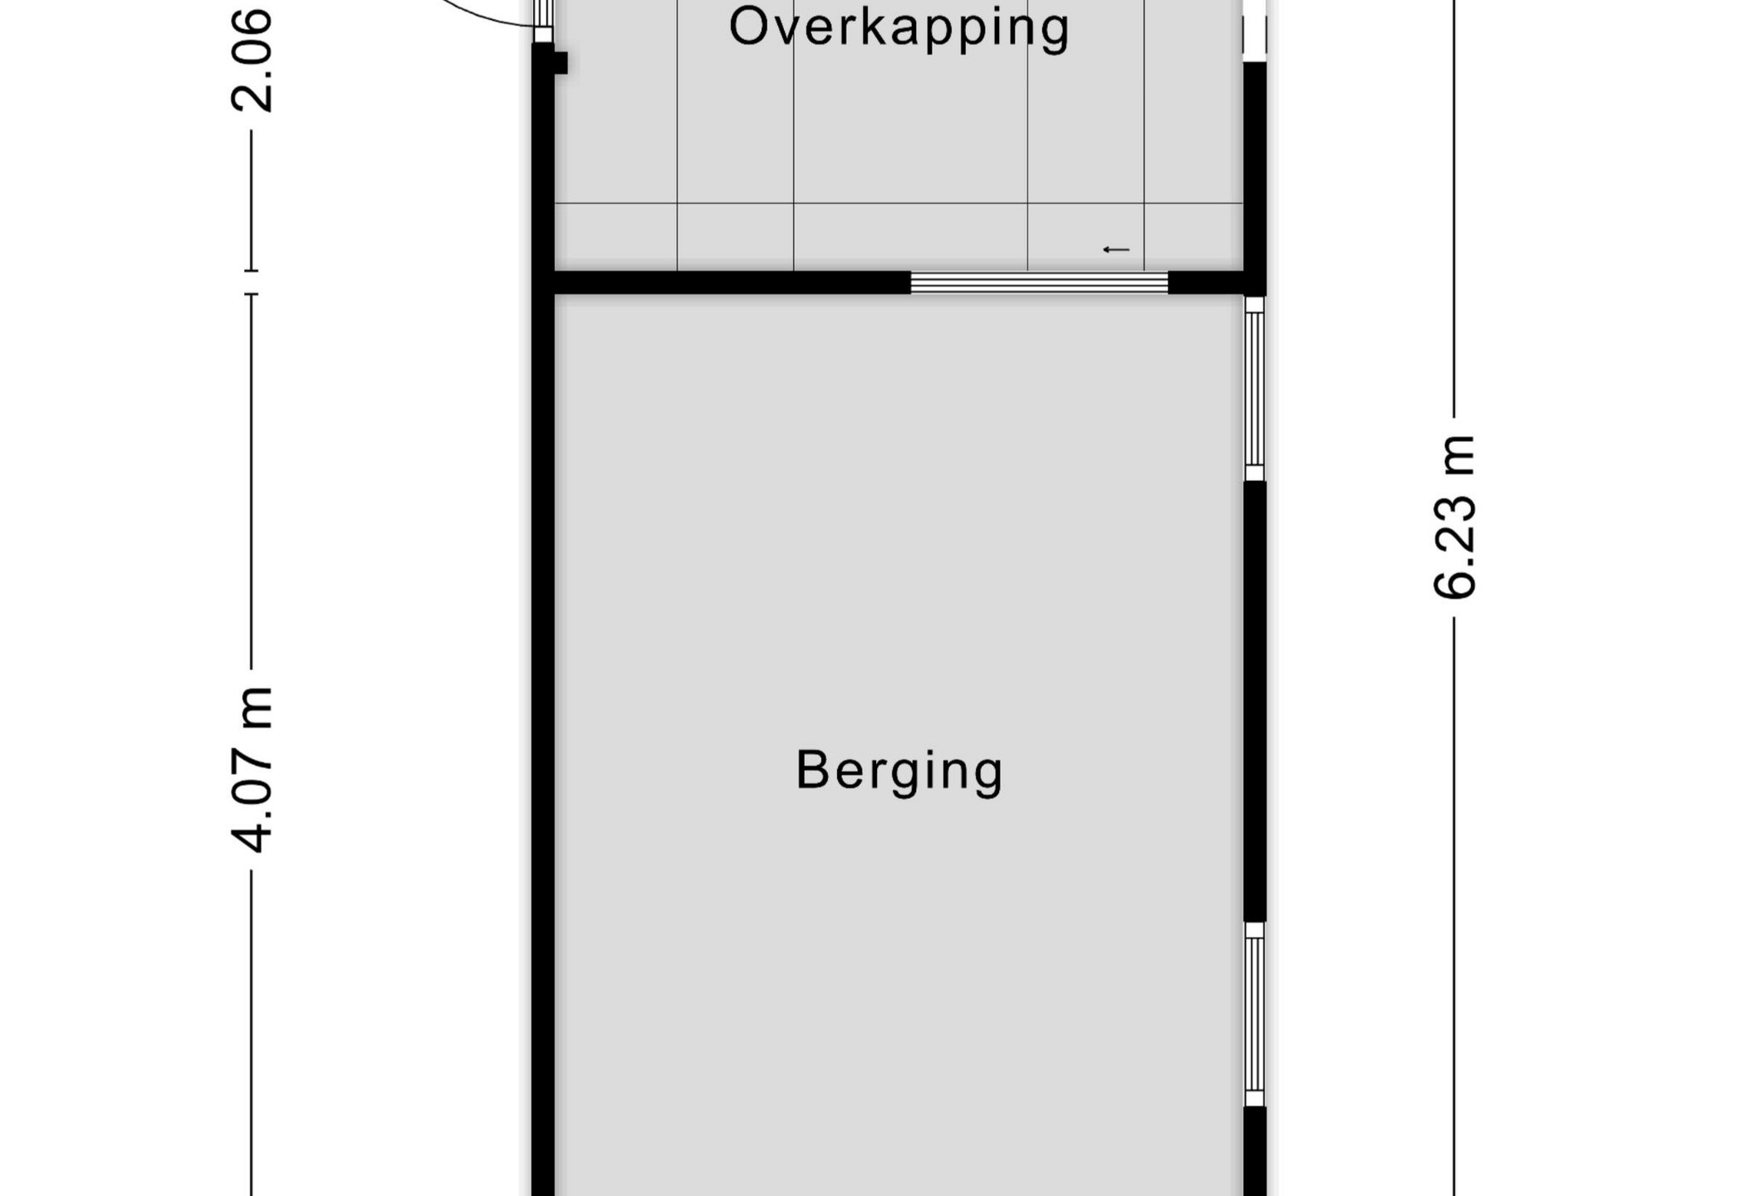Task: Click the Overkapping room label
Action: click(x=899, y=28)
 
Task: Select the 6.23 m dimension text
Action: click(x=1454, y=516)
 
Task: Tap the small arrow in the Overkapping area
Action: click(x=1116, y=250)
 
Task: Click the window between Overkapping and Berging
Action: click(x=1039, y=282)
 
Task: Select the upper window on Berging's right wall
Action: click(x=1254, y=389)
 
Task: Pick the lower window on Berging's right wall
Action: click(x=1254, y=1014)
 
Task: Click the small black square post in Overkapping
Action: click(x=561, y=63)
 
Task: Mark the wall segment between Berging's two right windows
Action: click(x=1254, y=702)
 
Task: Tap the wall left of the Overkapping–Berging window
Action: click(x=732, y=282)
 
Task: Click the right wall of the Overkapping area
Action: click(x=1254, y=179)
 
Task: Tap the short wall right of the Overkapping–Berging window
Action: click(x=1206, y=283)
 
